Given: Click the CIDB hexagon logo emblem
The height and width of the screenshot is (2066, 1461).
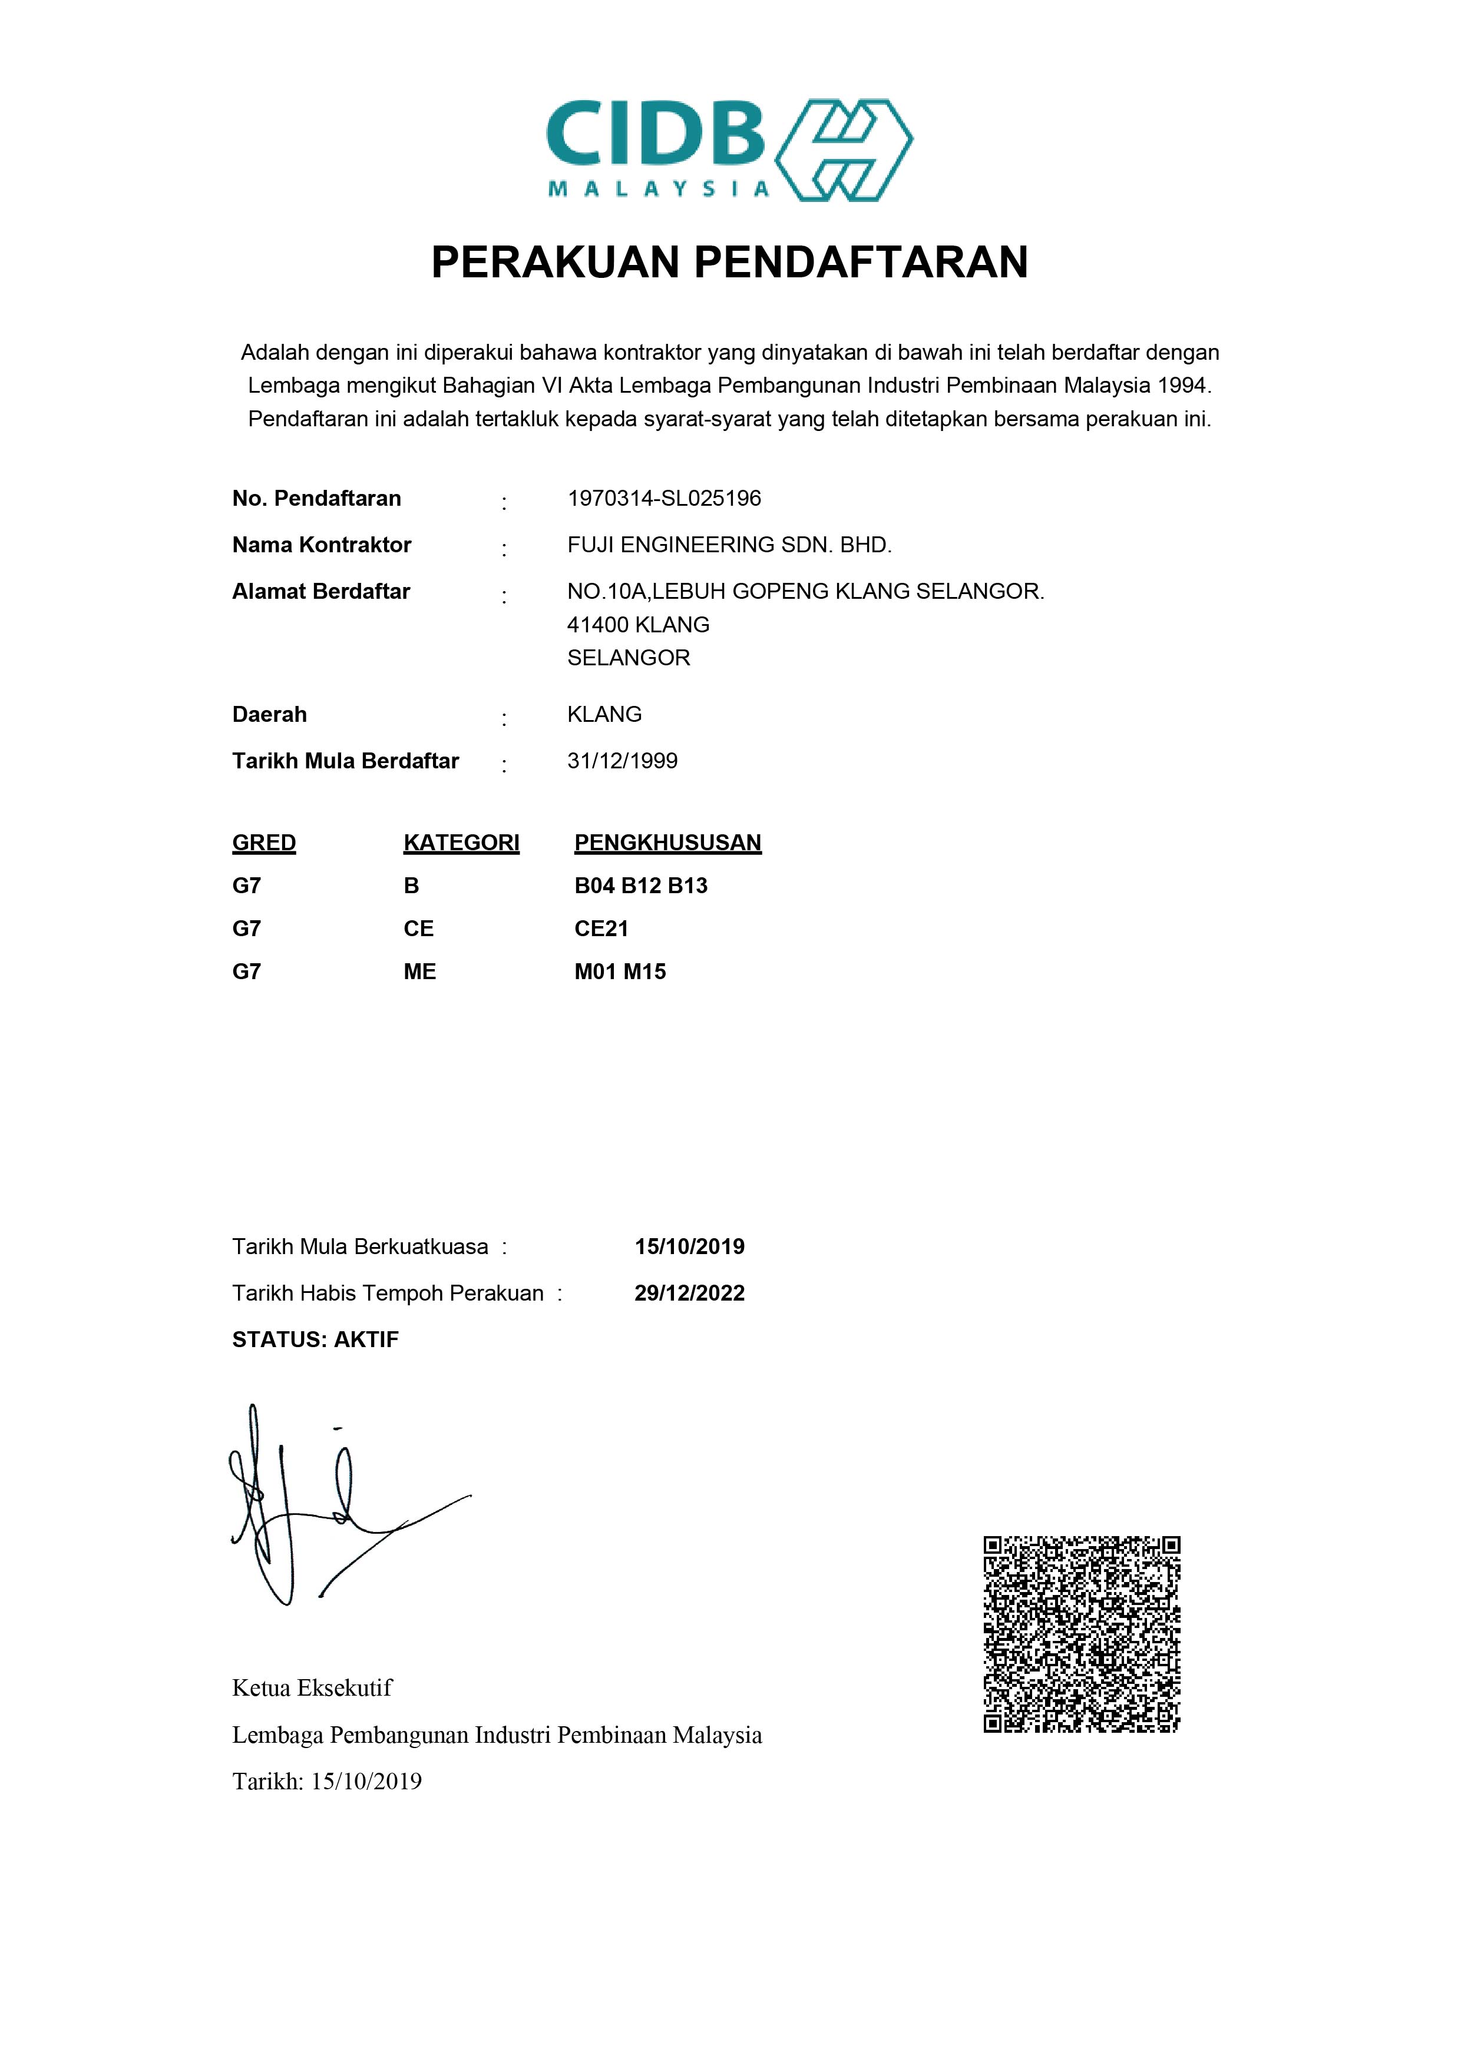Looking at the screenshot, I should coord(844,150).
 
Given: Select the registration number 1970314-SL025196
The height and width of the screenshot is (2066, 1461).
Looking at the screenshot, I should coord(663,499).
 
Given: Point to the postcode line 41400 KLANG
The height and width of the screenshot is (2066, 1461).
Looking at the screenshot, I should coord(637,625).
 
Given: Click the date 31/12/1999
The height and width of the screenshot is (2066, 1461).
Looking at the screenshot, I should coord(622,761).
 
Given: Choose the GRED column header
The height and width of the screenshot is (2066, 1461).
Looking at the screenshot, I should coord(264,843).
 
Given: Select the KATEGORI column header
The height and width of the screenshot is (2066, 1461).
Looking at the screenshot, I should coord(461,843).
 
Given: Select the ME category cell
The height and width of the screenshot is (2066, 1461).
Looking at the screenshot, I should coord(419,972).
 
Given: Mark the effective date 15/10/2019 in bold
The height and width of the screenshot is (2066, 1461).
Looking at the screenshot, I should coord(689,1247).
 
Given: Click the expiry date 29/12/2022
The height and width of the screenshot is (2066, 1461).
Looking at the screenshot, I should coord(689,1294).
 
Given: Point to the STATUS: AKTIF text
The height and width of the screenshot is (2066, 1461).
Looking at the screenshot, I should coord(315,1340).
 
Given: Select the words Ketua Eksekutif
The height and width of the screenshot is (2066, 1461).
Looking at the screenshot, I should coord(312,1688).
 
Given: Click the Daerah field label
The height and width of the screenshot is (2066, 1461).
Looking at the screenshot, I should coord(269,714).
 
